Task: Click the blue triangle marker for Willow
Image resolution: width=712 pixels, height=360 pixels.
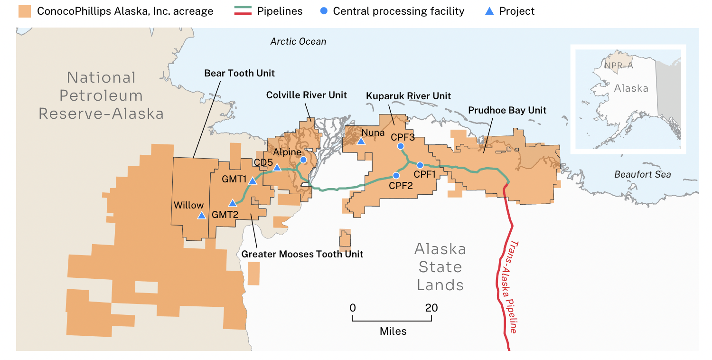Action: (x=201, y=216)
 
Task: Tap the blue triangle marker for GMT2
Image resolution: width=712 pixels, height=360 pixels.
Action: (x=233, y=203)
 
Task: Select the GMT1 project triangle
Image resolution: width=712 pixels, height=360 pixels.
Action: (x=253, y=181)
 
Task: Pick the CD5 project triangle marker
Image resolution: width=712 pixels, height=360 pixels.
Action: (x=277, y=168)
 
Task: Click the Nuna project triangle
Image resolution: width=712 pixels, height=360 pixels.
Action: (x=361, y=141)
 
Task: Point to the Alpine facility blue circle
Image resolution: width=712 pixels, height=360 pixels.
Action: (x=303, y=160)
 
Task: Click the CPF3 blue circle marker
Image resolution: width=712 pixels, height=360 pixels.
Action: (x=401, y=146)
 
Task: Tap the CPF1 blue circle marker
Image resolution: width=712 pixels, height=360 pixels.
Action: (x=420, y=165)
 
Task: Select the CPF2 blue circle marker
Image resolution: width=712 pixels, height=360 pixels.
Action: (x=396, y=175)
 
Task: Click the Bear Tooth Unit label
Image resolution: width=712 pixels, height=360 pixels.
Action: (x=239, y=73)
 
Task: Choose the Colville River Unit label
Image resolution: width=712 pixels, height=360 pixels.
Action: (x=306, y=95)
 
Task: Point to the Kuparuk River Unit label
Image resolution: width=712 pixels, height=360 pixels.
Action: (x=408, y=96)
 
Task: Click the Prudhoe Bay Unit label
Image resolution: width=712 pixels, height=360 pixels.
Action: (x=507, y=110)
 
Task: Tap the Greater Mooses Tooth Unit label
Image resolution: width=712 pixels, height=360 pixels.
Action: (x=302, y=254)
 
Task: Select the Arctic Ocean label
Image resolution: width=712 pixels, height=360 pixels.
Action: (x=298, y=41)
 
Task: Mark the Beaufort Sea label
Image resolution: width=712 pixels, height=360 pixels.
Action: (x=642, y=174)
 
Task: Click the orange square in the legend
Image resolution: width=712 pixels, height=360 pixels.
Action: (x=24, y=11)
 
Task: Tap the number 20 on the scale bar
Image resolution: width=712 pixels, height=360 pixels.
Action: (x=431, y=308)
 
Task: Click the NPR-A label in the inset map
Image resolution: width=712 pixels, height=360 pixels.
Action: (x=618, y=66)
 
